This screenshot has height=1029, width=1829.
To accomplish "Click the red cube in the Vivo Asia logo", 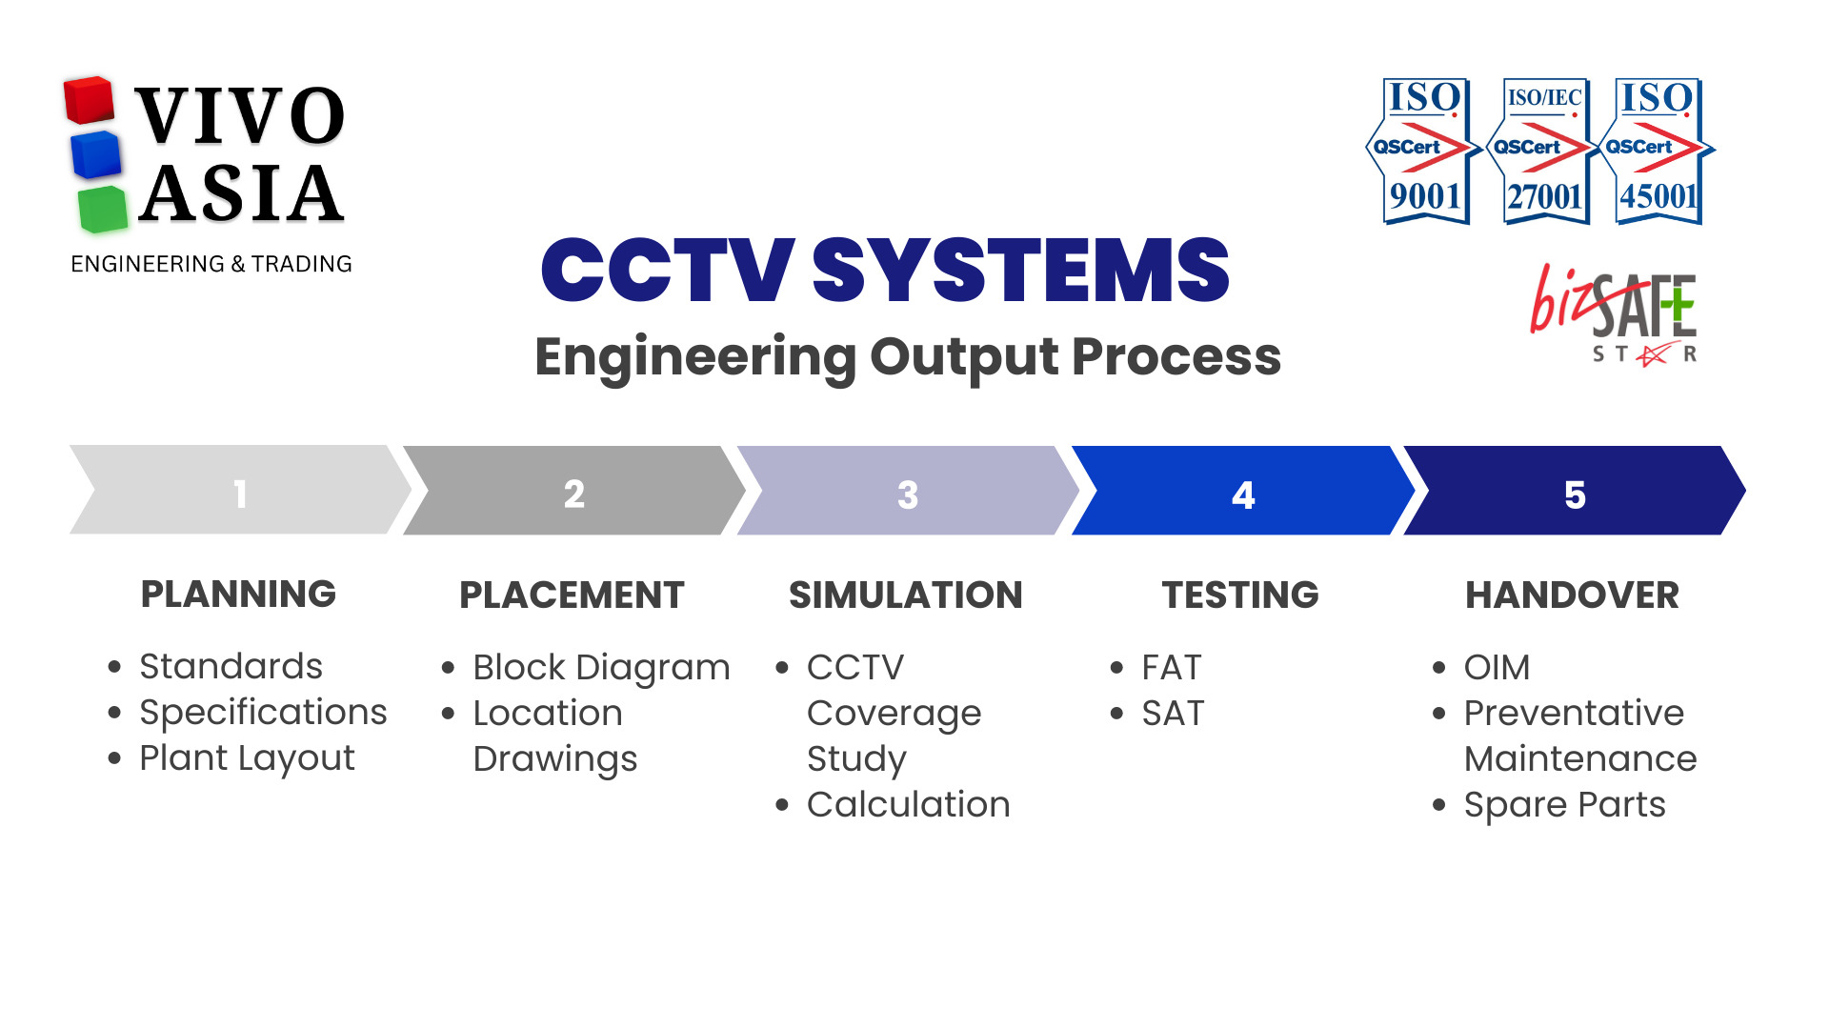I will [89, 101].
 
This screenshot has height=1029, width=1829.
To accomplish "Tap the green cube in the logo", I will [102, 210].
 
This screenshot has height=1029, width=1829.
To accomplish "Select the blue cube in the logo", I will [96, 155].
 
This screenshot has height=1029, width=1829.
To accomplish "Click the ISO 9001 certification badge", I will [1423, 151].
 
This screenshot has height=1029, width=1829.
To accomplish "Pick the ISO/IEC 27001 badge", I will [1543, 151].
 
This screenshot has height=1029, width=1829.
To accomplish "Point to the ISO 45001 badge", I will [1658, 151].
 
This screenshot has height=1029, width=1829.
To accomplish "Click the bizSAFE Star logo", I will [1616, 314].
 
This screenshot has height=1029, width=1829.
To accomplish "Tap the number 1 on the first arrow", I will [240, 494].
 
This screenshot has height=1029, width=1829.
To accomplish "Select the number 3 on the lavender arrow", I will [908, 494].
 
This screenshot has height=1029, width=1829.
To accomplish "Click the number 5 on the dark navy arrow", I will [1575, 494].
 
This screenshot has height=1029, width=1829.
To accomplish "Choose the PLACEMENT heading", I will [572, 595].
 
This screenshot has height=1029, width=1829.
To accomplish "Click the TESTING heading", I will [1240, 595].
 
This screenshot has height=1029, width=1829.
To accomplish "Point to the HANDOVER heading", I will [1572, 595].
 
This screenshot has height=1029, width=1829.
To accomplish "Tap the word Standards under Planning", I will [231, 666].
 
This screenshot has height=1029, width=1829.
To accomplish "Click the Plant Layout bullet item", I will [247, 758].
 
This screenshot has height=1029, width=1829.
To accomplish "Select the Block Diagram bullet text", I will [601, 667].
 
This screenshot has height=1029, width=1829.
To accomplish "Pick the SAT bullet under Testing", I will [1173, 713].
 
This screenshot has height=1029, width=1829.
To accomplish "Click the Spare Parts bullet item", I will [1564, 805].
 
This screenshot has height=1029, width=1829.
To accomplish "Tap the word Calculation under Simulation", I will [908, 805].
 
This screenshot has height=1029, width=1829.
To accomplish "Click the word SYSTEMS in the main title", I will [1020, 271].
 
